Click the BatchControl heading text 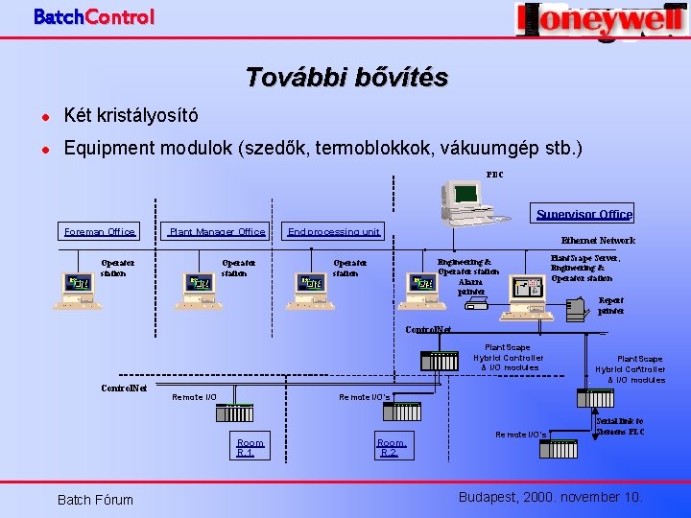tap(93, 16)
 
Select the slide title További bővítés tap(345, 77)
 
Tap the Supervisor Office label tap(584, 215)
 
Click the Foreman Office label tap(100, 231)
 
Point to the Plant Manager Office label tap(217, 231)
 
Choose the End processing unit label tap(334, 231)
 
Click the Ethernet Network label tap(598, 241)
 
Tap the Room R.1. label tap(250, 447)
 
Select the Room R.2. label tap(392, 447)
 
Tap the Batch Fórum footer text tap(95, 499)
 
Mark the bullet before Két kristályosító tap(44, 116)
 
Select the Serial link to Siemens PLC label tap(619, 427)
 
